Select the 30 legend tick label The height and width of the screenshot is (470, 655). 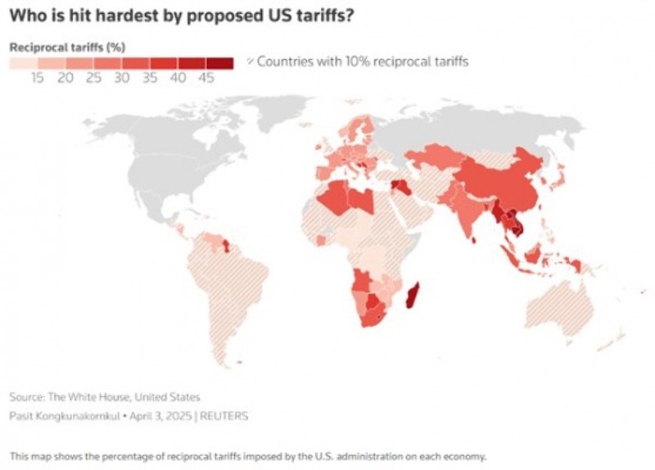[122, 78]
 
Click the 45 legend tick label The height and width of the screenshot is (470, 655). [206, 78]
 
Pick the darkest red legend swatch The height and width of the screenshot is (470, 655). [219, 62]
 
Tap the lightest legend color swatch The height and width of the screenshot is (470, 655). [23, 62]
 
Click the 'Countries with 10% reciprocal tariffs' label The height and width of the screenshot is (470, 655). [363, 62]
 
